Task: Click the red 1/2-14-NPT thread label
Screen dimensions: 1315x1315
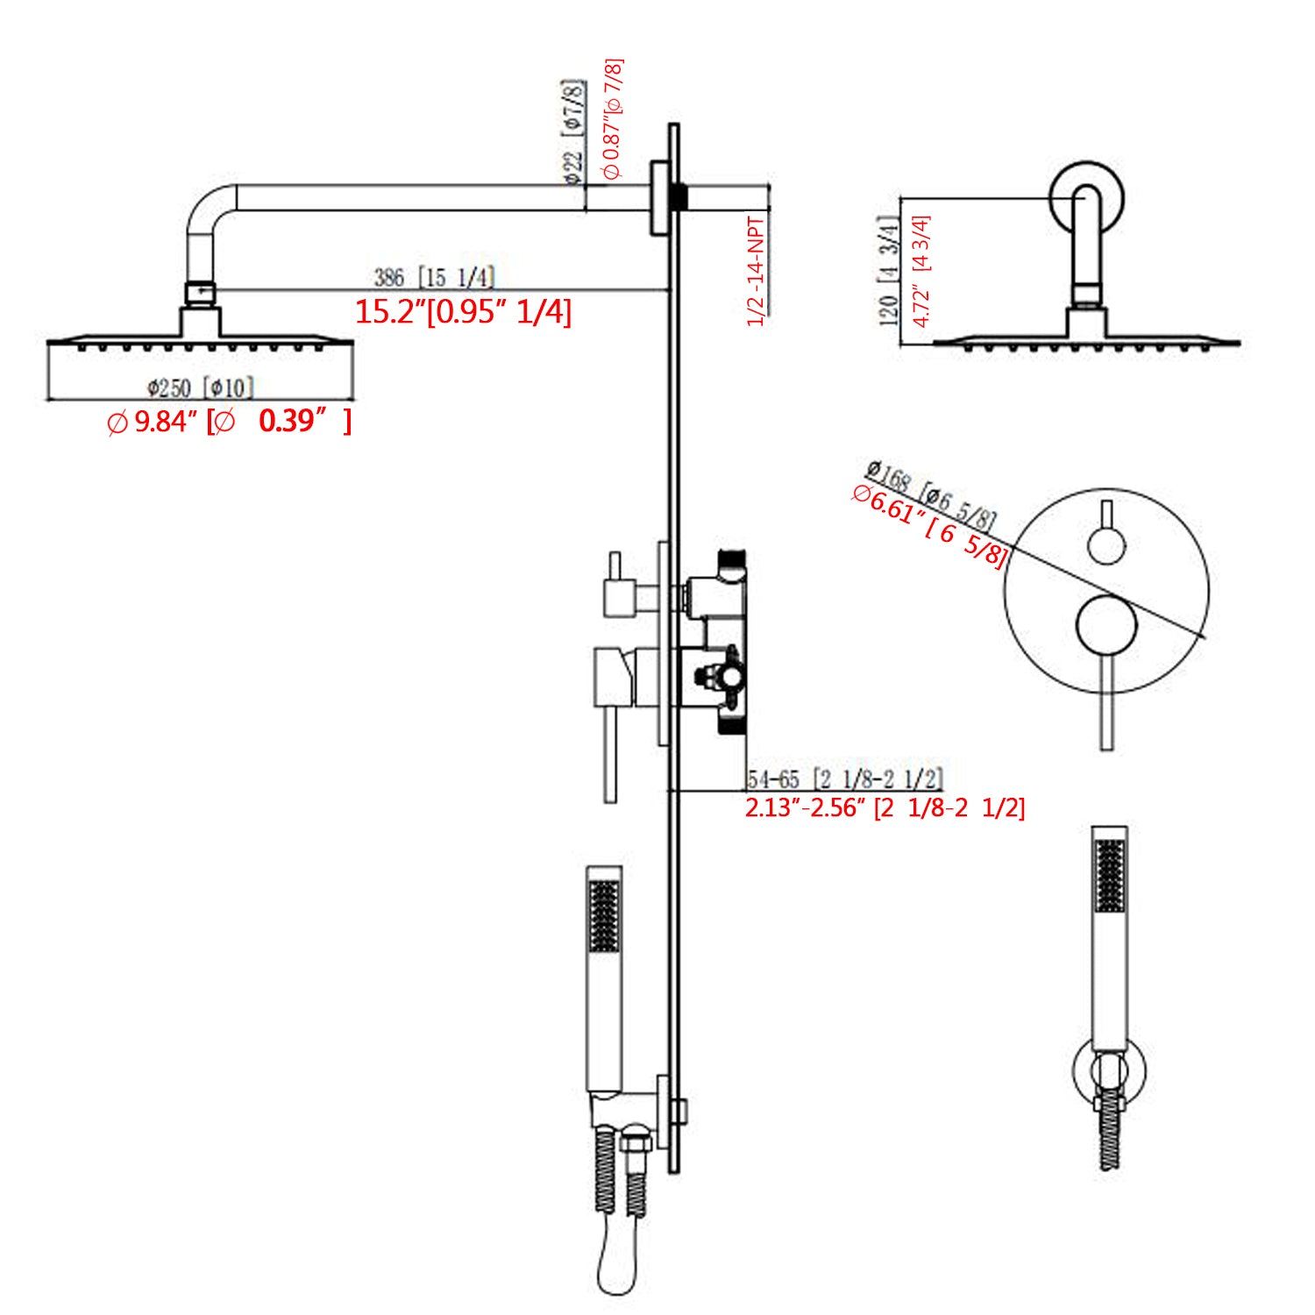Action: coord(756,271)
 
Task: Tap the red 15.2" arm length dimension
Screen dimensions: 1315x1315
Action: coord(463,312)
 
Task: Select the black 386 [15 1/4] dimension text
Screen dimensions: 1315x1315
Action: coord(434,277)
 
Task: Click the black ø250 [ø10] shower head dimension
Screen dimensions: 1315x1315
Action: coord(200,387)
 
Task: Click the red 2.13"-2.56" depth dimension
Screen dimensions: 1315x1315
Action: coord(884,807)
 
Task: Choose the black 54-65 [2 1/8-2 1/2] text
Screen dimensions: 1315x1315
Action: coord(844,778)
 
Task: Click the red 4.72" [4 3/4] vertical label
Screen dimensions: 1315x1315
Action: coord(921,271)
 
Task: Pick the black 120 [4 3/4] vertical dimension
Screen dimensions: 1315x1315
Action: coord(889,271)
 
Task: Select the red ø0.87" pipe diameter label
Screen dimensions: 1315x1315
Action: coord(613,118)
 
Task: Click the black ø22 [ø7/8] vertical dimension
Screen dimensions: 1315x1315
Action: coord(573,131)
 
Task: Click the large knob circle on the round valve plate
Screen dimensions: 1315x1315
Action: coord(1106,625)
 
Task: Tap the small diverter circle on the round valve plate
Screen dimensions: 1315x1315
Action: coord(1106,545)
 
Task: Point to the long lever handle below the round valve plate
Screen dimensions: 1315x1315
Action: coord(1106,701)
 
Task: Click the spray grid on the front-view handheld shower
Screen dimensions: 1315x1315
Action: coord(1110,875)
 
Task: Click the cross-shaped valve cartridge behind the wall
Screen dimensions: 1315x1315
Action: coord(720,676)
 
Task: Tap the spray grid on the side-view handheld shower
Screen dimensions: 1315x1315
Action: coord(604,916)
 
